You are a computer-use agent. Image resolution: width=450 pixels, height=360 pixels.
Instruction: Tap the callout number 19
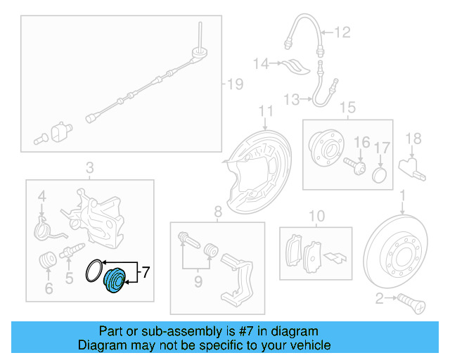point(233,85)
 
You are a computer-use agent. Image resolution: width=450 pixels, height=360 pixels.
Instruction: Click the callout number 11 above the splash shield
point(265,111)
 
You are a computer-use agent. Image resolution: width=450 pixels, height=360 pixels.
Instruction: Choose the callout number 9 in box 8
point(198,281)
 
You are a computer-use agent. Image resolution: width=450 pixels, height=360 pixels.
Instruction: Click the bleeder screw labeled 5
point(72,251)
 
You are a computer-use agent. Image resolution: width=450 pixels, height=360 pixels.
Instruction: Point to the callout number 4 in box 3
point(41,196)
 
